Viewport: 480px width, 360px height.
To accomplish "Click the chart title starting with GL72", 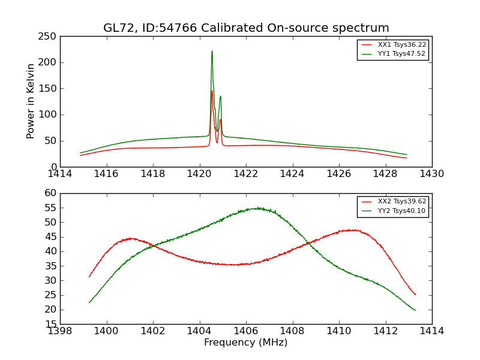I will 246,28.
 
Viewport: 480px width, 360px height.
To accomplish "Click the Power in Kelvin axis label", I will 31,101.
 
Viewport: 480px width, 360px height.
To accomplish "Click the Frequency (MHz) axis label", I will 246,343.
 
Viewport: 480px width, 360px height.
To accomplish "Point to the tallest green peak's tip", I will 212,51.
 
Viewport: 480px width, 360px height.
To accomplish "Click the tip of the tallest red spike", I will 212,91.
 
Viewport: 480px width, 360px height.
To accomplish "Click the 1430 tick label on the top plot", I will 431,174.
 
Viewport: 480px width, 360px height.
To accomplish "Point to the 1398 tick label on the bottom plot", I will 60,331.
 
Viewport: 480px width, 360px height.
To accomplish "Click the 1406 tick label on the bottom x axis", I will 246,331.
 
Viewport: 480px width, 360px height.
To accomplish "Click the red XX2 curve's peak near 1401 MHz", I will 131,238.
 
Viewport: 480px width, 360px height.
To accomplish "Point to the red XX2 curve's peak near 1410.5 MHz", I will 350,230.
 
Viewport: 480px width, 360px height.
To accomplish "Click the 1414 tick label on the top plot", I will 60,174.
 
